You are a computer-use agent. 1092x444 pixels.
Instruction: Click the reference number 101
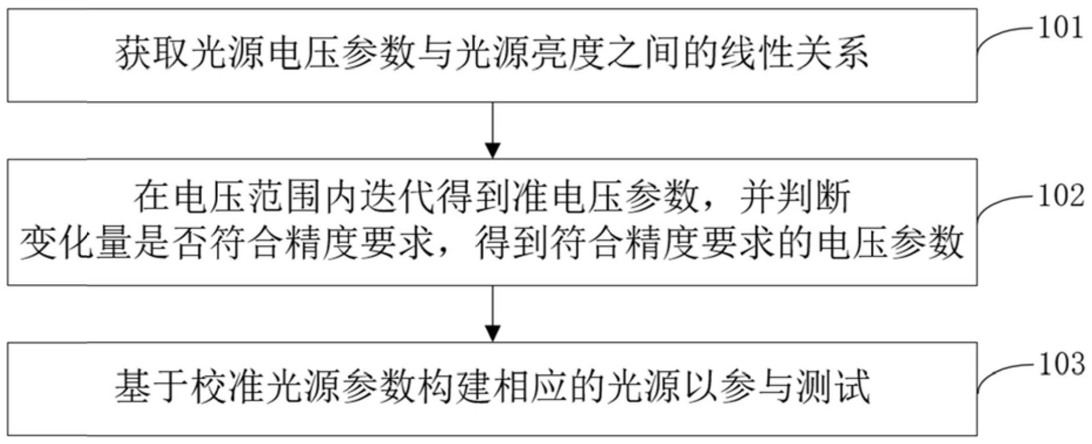point(1060,28)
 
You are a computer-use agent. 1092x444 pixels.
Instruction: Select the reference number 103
point(1060,363)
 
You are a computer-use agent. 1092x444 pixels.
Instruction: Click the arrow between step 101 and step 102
point(493,131)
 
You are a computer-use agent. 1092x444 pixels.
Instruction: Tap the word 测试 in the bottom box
point(833,387)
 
